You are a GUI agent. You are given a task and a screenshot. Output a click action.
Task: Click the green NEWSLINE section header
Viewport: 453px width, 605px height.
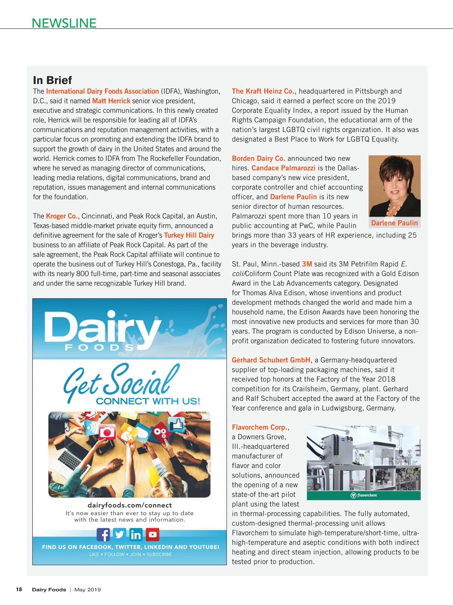(64, 23)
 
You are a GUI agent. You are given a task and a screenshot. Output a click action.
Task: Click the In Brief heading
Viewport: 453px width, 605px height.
(52, 80)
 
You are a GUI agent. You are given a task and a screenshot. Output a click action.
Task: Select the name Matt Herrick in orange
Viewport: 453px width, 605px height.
(111, 101)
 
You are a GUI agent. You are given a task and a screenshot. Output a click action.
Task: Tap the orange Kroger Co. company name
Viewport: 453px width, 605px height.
(62, 216)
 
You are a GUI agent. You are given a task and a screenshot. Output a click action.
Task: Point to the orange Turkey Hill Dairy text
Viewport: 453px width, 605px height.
(189, 236)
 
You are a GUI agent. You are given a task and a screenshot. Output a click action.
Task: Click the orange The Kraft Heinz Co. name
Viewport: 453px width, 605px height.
(263, 91)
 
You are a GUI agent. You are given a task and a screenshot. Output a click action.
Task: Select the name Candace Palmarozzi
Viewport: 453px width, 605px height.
(283, 168)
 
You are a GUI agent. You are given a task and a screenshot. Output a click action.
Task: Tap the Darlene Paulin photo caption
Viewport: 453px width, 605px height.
(394, 223)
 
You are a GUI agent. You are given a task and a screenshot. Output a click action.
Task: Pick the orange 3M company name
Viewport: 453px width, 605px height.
(307, 264)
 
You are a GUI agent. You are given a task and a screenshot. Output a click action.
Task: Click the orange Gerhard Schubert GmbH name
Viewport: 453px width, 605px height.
(271, 360)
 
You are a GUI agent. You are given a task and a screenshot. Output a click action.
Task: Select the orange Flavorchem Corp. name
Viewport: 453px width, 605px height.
(260, 427)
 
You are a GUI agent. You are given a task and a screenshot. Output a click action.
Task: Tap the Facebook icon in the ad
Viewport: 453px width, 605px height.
(103, 534)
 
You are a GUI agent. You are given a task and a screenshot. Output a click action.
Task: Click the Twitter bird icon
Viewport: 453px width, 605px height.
(120, 534)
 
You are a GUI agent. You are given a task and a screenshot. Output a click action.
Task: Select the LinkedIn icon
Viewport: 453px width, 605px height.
(136, 534)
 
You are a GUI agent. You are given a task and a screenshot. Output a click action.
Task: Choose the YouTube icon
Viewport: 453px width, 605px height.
(153, 534)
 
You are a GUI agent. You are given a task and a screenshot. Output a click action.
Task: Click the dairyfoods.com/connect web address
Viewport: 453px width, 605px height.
(129, 505)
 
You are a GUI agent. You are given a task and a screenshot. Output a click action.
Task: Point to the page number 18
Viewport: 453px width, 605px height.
(19, 590)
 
